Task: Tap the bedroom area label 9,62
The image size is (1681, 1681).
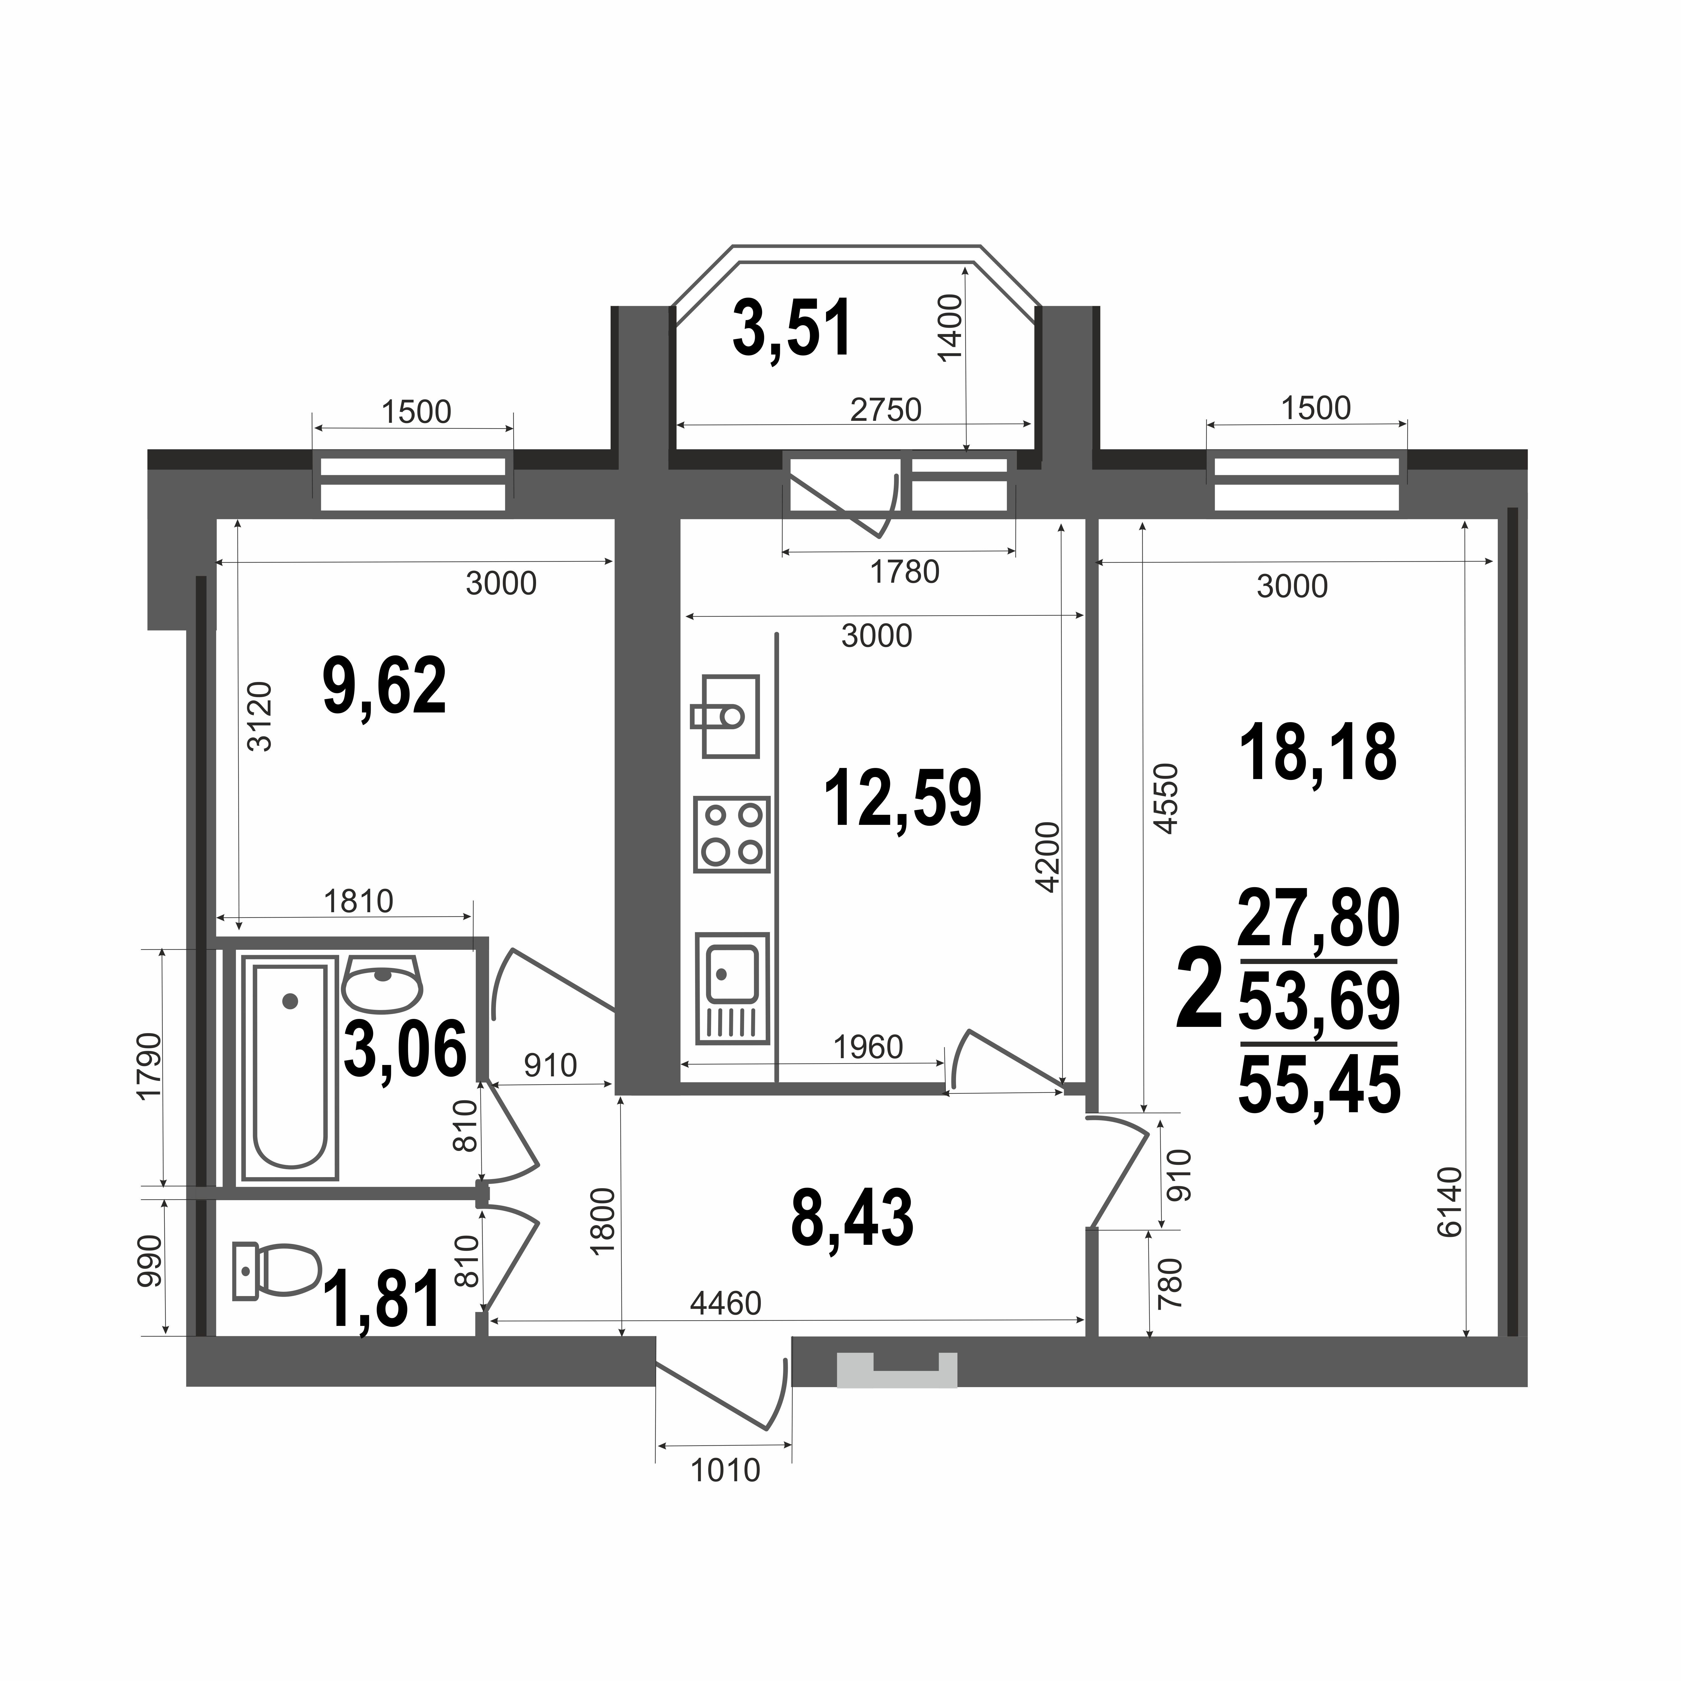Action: coord(385,686)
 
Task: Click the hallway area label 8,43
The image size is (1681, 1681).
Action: coord(853,1218)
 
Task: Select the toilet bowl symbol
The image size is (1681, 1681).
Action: coord(277,1271)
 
